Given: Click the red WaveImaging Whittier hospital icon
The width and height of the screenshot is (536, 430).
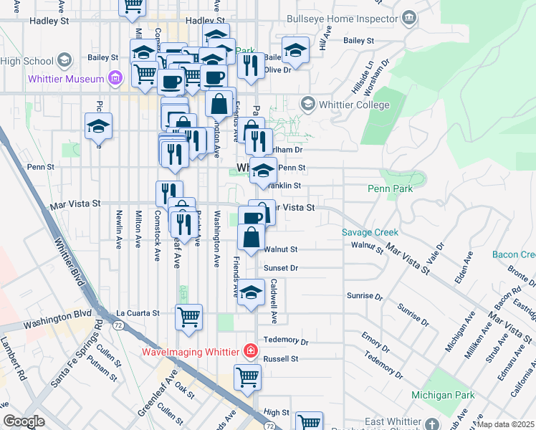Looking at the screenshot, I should point(251,351).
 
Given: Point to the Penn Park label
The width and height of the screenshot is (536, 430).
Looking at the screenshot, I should point(391,189).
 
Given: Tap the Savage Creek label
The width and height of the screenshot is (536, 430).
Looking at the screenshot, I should point(370,233).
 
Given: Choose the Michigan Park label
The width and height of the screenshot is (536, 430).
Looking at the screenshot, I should point(443,395).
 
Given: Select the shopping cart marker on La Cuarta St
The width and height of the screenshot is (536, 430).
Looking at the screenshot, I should point(188,316).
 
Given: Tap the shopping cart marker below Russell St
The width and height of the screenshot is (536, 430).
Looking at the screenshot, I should point(247,376).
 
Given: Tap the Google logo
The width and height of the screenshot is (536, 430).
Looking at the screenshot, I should point(24,421).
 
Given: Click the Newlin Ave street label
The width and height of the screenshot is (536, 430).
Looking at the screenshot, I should point(119,229).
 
